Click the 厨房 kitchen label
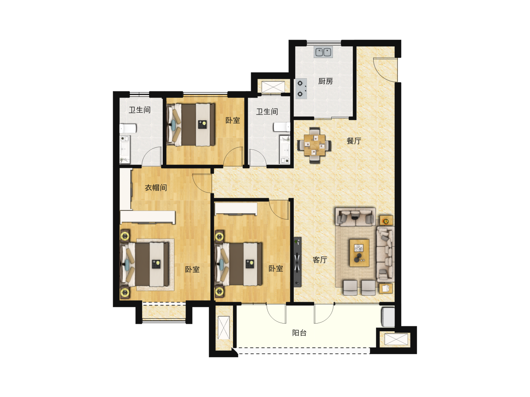point(325,81)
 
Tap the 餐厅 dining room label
point(354,141)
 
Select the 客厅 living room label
point(320,260)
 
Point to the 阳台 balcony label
point(299,333)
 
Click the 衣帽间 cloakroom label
point(156,187)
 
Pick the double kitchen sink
point(323,52)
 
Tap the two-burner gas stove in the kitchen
point(301,89)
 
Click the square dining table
point(314,145)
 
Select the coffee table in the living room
point(359,253)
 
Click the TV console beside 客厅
point(297,262)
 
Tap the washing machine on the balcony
point(388,317)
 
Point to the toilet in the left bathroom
point(128,129)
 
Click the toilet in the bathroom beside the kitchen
point(282,127)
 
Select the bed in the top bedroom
point(191,125)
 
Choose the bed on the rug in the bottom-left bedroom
point(144,264)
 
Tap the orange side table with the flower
point(386,221)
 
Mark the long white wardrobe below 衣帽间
point(148,217)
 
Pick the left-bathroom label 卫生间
point(139,110)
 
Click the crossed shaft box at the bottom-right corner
point(396,339)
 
